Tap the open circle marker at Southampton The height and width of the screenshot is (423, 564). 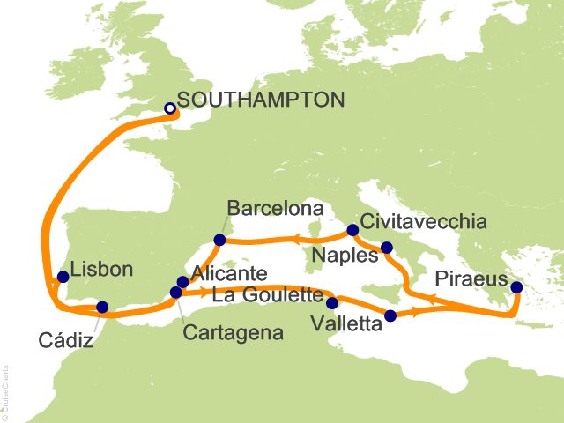[x=171, y=109]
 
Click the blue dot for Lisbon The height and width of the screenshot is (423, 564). [x=63, y=277]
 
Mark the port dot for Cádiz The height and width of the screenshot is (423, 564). [x=102, y=308]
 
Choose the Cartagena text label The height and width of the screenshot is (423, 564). [x=234, y=334]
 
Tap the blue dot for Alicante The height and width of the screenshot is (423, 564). [x=182, y=282]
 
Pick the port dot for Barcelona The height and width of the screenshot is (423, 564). [x=220, y=239]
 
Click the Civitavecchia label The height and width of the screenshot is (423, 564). [x=424, y=222]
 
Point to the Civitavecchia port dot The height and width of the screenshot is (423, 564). [x=352, y=230]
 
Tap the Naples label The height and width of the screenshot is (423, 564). [x=345, y=256]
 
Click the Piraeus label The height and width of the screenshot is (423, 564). [x=471, y=279]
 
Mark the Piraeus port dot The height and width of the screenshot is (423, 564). [x=516, y=287]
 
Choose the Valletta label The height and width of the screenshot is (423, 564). [x=347, y=324]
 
